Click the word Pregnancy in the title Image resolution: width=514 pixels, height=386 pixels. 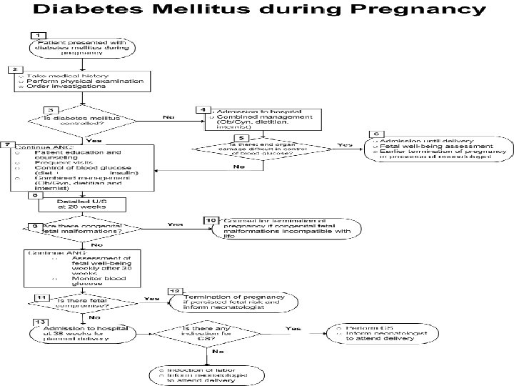[416, 11]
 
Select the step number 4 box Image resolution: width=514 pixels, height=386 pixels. [203, 109]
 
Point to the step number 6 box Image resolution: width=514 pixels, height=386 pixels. [375, 134]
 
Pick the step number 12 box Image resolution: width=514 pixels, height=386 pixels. [175, 292]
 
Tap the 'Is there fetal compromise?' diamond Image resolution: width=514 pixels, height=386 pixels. [79, 302]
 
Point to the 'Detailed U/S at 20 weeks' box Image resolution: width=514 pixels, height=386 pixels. [81, 205]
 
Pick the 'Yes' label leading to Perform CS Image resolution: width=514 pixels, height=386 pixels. [293, 328]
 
